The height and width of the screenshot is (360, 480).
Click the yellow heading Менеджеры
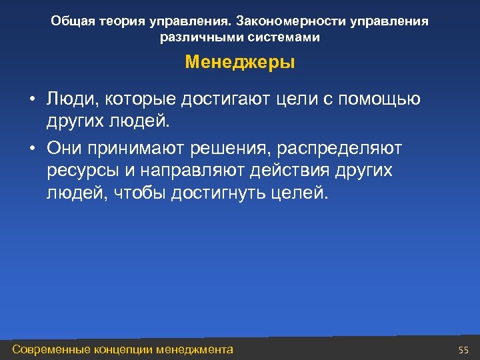(x=240, y=63)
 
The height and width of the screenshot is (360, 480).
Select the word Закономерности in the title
(x=287, y=21)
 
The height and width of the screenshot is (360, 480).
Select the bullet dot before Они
(x=31, y=148)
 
